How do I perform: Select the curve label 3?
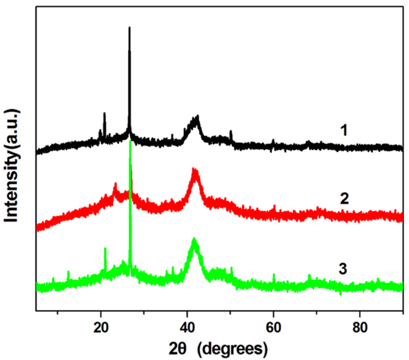(343, 269)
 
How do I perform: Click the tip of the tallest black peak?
(129, 28)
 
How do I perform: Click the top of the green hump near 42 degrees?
(194, 239)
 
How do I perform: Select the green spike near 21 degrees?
(105, 249)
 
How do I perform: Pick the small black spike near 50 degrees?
(231, 131)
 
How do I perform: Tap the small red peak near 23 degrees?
(115, 184)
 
